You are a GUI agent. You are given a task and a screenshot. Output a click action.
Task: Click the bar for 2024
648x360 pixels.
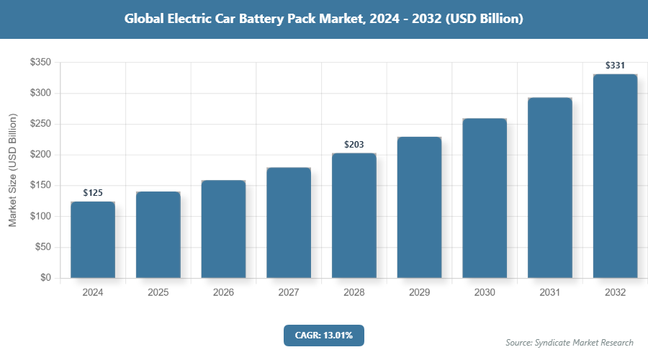pyautogui.click(x=93, y=240)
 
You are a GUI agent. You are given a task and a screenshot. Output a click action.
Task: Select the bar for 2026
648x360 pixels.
pyautogui.click(x=223, y=229)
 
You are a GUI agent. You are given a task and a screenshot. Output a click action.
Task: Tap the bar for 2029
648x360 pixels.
pyautogui.click(x=419, y=207)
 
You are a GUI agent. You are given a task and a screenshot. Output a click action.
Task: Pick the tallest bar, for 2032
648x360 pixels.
pyautogui.click(x=615, y=176)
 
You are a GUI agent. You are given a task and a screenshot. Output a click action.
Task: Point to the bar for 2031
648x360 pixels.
pyautogui.click(x=549, y=188)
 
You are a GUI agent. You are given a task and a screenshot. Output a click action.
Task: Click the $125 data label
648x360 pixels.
pyautogui.click(x=93, y=193)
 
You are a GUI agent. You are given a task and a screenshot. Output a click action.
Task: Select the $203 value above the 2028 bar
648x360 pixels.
pyautogui.click(x=354, y=145)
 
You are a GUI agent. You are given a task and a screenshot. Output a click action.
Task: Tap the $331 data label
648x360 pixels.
pyautogui.click(x=615, y=66)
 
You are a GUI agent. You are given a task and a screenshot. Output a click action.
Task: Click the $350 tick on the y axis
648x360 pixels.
pyautogui.click(x=40, y=63)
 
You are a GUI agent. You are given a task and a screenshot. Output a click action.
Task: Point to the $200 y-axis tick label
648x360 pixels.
pyautogui.click(x=40, y=155)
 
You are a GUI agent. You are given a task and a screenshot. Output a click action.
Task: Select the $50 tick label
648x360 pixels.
pyautogui.click(x=42, y=247)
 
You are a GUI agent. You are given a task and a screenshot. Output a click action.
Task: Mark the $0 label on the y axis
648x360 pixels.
pyautogui.click(x=45, y=278)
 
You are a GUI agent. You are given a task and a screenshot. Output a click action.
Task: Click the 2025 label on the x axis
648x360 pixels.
pyautogui.click(x=158, y=293)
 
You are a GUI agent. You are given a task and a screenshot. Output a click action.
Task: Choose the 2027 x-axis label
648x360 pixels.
pyautogui.click(x=289, y=293)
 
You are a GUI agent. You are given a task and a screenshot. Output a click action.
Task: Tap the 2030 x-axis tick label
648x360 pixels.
pyautogui.click(x=485, y=293)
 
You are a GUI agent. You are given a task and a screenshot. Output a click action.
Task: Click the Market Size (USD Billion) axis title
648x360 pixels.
pyautogui.click(x=12, y=170)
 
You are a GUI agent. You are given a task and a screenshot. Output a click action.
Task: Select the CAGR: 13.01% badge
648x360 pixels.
pyautogui.click(x=324, y=335)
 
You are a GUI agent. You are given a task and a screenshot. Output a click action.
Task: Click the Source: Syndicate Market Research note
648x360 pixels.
pyautogui.click(x=570, y=343)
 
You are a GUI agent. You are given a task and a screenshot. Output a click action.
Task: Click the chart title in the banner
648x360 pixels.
pyautogui.click(x=324, y=19)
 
